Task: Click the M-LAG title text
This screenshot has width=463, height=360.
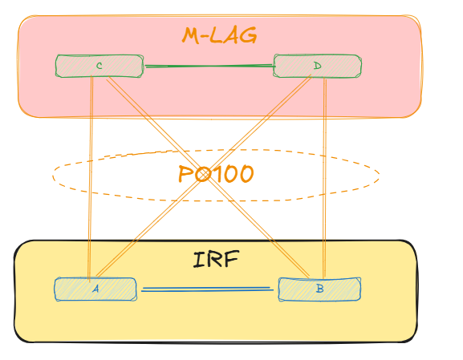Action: point(219,36)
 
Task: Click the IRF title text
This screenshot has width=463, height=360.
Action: point(216,259)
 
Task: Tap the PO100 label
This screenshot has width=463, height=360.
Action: point(216,174)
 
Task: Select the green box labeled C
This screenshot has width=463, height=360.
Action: point(100,66)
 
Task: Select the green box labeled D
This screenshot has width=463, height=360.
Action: point(318,66)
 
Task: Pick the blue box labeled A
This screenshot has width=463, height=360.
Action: point(95,289)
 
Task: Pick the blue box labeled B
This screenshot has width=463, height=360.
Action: point(319,289)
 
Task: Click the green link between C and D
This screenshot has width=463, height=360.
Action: point(209,66)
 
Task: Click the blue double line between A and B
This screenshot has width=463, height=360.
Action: point(207,289)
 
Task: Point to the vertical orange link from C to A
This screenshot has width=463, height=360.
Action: point(91,177)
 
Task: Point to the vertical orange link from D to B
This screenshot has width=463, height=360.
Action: point(324,177)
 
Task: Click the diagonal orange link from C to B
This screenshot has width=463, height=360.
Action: point(208,177)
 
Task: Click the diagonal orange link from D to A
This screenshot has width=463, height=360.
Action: point(204,176)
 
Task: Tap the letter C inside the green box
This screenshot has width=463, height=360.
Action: point(100,66)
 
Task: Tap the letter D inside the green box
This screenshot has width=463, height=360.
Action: point(318,66)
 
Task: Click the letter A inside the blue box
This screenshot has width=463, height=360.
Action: point(95,289)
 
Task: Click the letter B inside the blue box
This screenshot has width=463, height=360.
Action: point(320,289)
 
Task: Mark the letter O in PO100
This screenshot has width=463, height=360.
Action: point(203,175)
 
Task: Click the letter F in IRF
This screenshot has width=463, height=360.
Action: point(230,259)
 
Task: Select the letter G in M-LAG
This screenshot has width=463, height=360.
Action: point(248,36)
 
